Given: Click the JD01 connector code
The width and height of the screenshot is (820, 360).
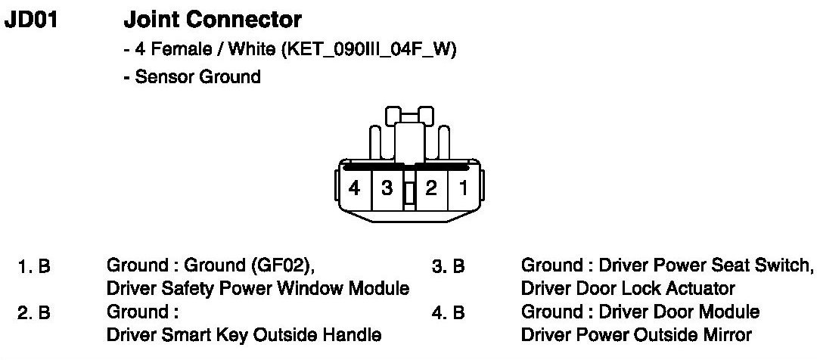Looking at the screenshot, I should tap(31, 18).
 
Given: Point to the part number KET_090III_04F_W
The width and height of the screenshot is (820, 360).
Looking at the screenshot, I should tap(368, 51).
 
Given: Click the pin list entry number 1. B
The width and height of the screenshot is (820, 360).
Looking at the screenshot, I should tap(34, 267).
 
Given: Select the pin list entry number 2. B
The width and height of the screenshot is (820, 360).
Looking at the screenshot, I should tap(34, 312).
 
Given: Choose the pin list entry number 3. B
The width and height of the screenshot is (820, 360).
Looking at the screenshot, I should tap(448, 267).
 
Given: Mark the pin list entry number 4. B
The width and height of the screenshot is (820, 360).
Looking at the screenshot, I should tap(448, 312).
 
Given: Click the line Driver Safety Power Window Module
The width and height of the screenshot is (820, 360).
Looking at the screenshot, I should tap(258, 288).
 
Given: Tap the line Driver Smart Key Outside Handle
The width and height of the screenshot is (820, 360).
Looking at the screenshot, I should tap(244, 334).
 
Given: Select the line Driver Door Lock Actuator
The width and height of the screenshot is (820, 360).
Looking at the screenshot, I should tap(627, 288).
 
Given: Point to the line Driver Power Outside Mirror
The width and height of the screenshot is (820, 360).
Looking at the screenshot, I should tap(635, 334).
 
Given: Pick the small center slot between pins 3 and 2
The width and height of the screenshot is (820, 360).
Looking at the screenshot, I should tap(409, 194).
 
